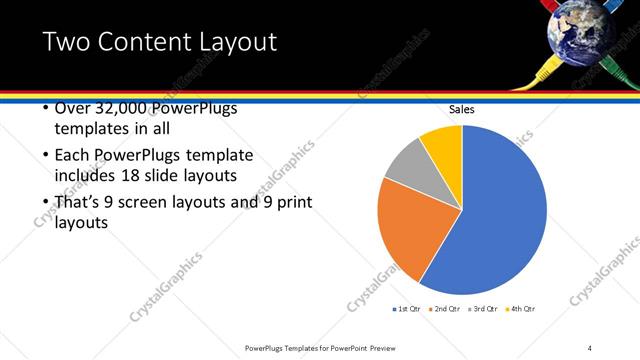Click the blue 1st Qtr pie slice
pos(500,220)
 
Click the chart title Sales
pos(461,109)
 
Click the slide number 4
pos(590,347)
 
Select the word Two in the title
pos(65,42)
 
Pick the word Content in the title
pos(146,42)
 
